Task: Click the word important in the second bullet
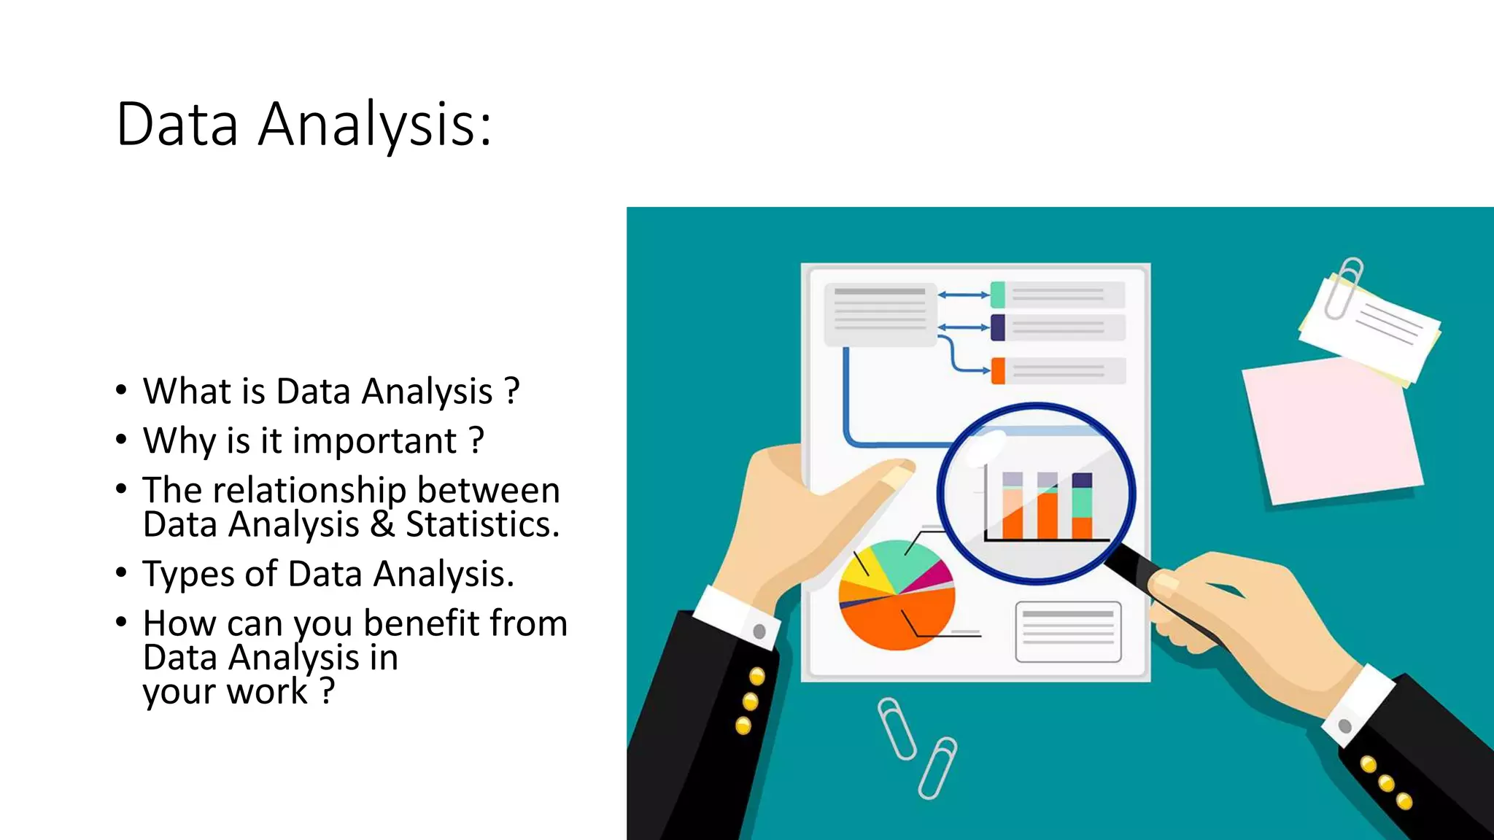point(375,442)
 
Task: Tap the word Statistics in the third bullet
point(481,526)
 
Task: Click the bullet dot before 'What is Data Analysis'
point(121,391)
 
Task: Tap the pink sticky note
point(1331,434)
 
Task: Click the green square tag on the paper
point(998,295)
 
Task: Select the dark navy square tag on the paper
point(998,327)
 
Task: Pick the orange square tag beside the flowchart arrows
point(998,370)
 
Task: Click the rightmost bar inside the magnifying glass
point(1082,507)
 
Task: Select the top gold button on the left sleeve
point(757,677)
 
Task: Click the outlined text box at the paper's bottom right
point(1068,631)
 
